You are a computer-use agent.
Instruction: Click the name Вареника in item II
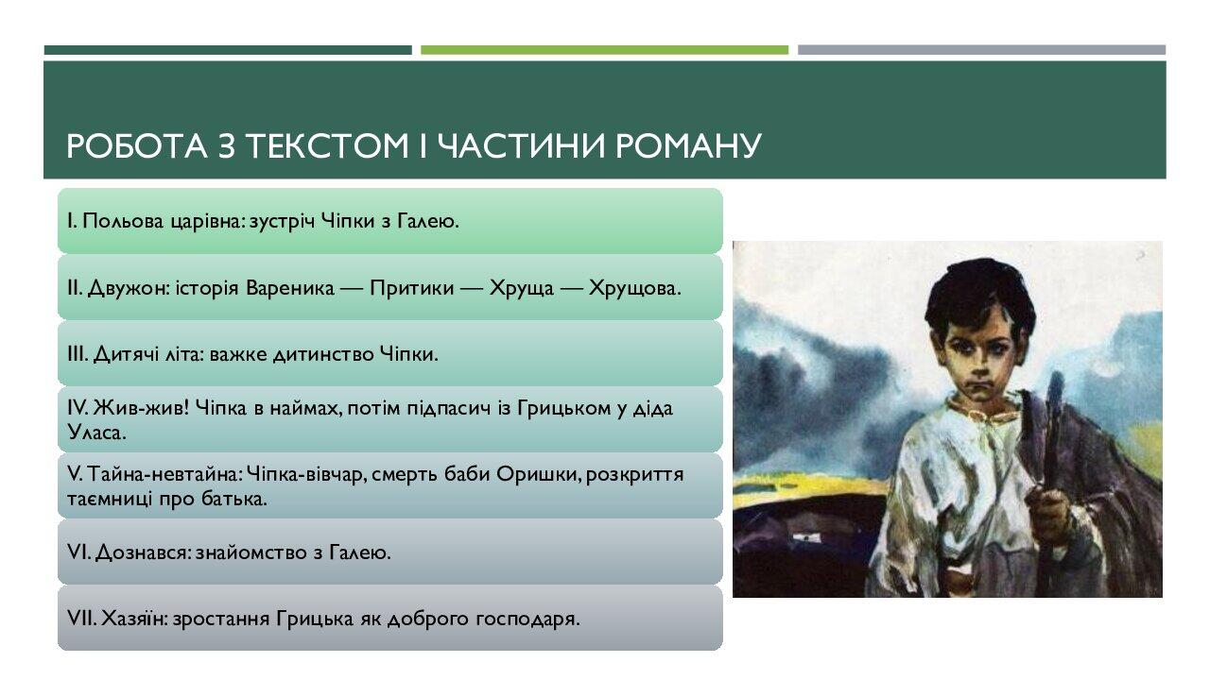coord(289,288)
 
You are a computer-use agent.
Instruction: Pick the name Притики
coord(408,288)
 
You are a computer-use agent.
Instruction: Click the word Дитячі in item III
coord(120,355)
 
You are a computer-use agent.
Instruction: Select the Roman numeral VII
coord(78,620)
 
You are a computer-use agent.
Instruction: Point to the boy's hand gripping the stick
coord(1047,511)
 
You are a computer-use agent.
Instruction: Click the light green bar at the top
coord(604,50)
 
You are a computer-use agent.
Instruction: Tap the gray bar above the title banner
coord(981,50)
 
